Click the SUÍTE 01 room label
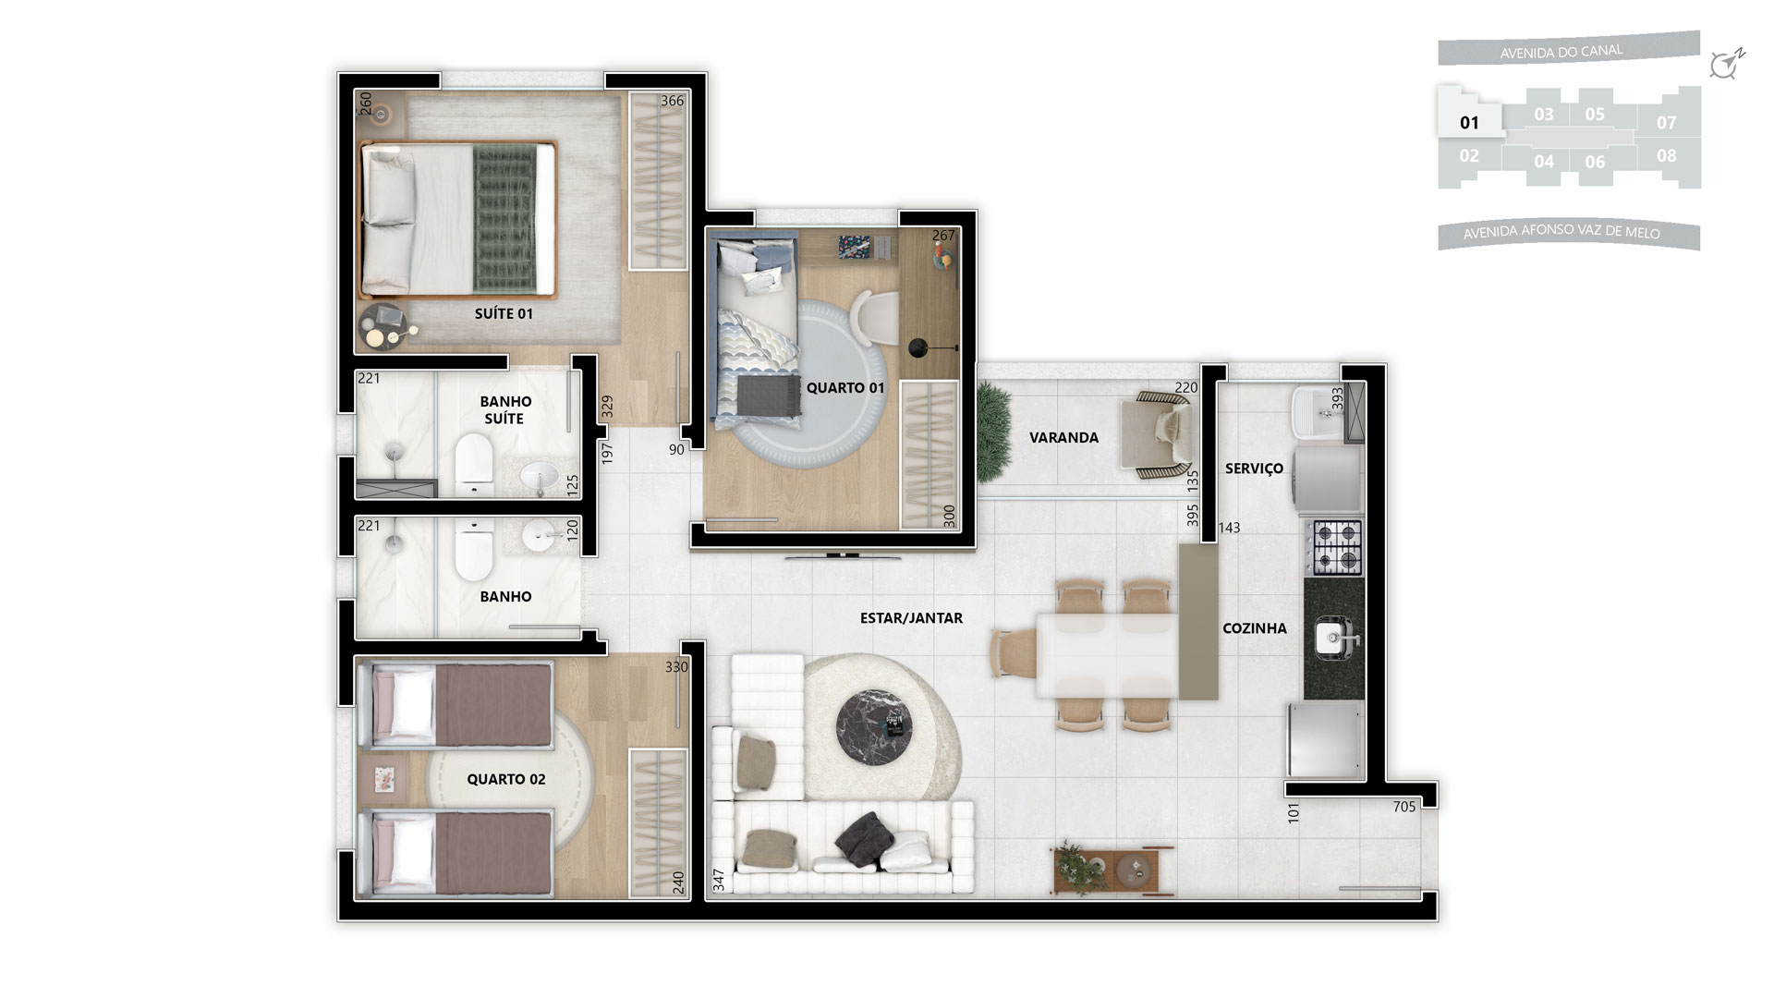tap(504, 313)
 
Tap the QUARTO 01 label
tap(845, 388)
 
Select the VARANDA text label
tap(1063, 437)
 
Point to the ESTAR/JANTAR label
tap(911, 618)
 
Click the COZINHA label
tap(1254, 628)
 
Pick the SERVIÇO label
tap(1254, 469)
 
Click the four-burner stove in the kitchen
tap(1334, 546)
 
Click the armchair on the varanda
tap(1159, 434)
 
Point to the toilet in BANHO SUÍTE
tap(473, 463)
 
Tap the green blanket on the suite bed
tap(504, 218)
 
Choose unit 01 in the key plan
tap(1469, 122)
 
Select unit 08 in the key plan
tap(1666, 155)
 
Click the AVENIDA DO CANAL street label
tap(1561, 52)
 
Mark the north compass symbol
tap(1725, 64)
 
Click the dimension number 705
tap(1403, 807)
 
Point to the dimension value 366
tap(672, 101)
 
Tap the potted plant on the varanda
tap(994, 432)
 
